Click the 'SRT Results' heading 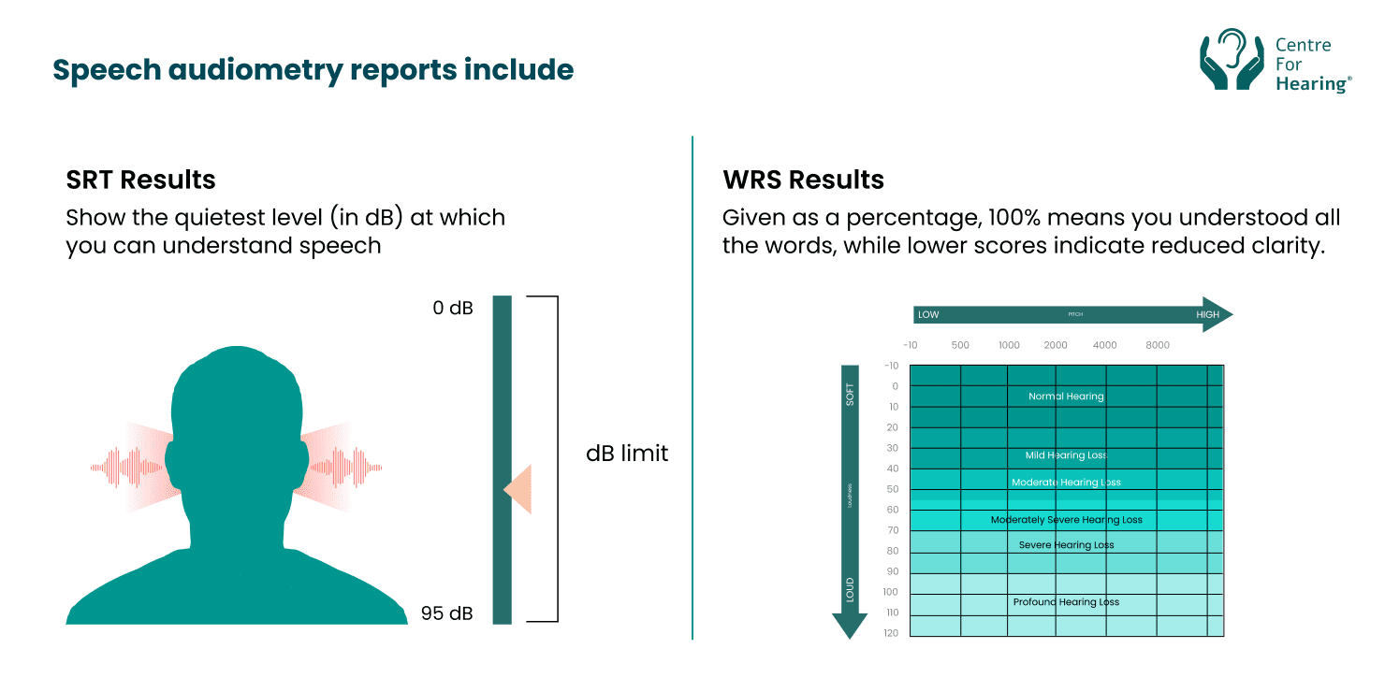point(140,180)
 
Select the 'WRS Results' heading point(803,180)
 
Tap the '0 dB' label point(453,308)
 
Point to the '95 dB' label point(447,614)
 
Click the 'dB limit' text point(627,454)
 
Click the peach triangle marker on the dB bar point(519,489)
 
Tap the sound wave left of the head point(131,465)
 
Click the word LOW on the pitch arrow point(928,315)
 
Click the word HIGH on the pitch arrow point(1207,315)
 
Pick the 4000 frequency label point(1105,345)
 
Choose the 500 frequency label point(960,345)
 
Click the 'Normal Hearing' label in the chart point(1066,396)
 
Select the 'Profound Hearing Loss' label point(1066,602)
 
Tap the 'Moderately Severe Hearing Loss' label point(1066,520)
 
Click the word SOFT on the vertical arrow point(850,395)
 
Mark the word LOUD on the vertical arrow point(850,589)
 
